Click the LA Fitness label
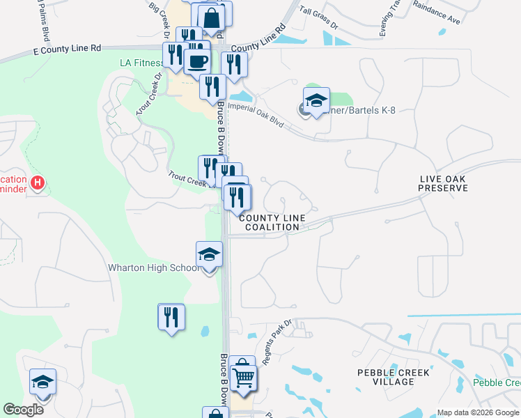pos(141,63)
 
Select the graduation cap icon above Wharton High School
pos(209,255)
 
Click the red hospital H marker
pos(38,183)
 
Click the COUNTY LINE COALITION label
pos(272,222)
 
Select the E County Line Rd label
pos(67,49)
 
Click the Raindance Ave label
pos(437,13)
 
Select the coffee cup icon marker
pos(198,61)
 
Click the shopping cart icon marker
pos(243,378)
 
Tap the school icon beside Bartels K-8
pos(316,100)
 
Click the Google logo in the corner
pos(23,410)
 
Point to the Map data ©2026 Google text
pos(478,412)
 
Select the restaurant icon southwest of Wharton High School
pos(171,317)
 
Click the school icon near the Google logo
pos(42,382)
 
